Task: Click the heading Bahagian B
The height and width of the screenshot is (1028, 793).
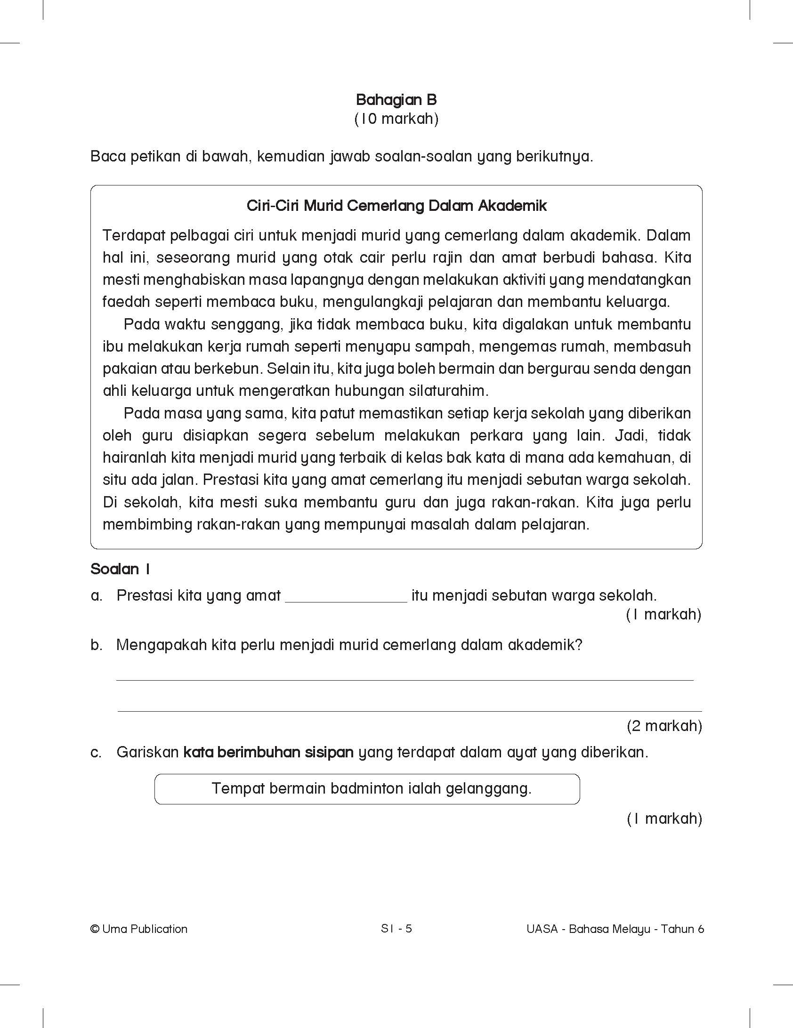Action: [x=396, y=100]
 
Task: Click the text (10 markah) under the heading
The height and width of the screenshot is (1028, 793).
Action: [x=396, y=119]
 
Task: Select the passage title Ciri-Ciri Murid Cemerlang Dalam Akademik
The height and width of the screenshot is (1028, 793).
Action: [x=396, y=206]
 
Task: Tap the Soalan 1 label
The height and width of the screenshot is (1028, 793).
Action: [x=120, y=569]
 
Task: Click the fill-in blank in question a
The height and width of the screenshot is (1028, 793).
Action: [x=346, y=597]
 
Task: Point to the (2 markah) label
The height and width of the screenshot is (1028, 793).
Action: [x=664, y=726]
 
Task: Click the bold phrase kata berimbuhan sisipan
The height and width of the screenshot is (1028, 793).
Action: [x=268, y=752]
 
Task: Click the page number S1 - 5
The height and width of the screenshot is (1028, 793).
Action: [x=396, y=928]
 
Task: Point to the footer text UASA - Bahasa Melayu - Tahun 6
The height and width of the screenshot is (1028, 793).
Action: [x=615, y=929]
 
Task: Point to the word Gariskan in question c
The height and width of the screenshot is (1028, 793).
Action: [x=147, y=752]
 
